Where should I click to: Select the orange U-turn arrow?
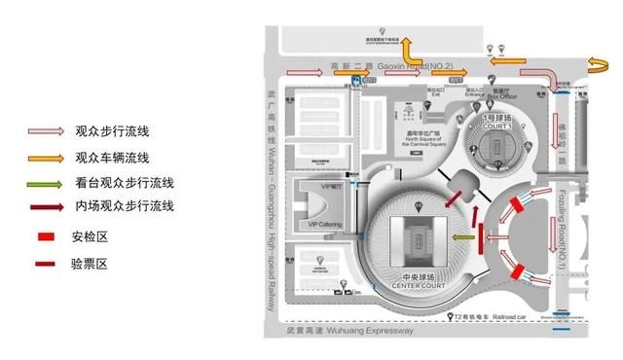(x=594, y=65)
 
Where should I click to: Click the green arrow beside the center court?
(x=464, y=236)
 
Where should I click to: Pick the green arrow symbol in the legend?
(x=45, y=182)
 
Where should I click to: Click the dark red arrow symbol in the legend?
(x=45, y=206)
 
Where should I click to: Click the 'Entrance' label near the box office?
(x=474, y=95)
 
